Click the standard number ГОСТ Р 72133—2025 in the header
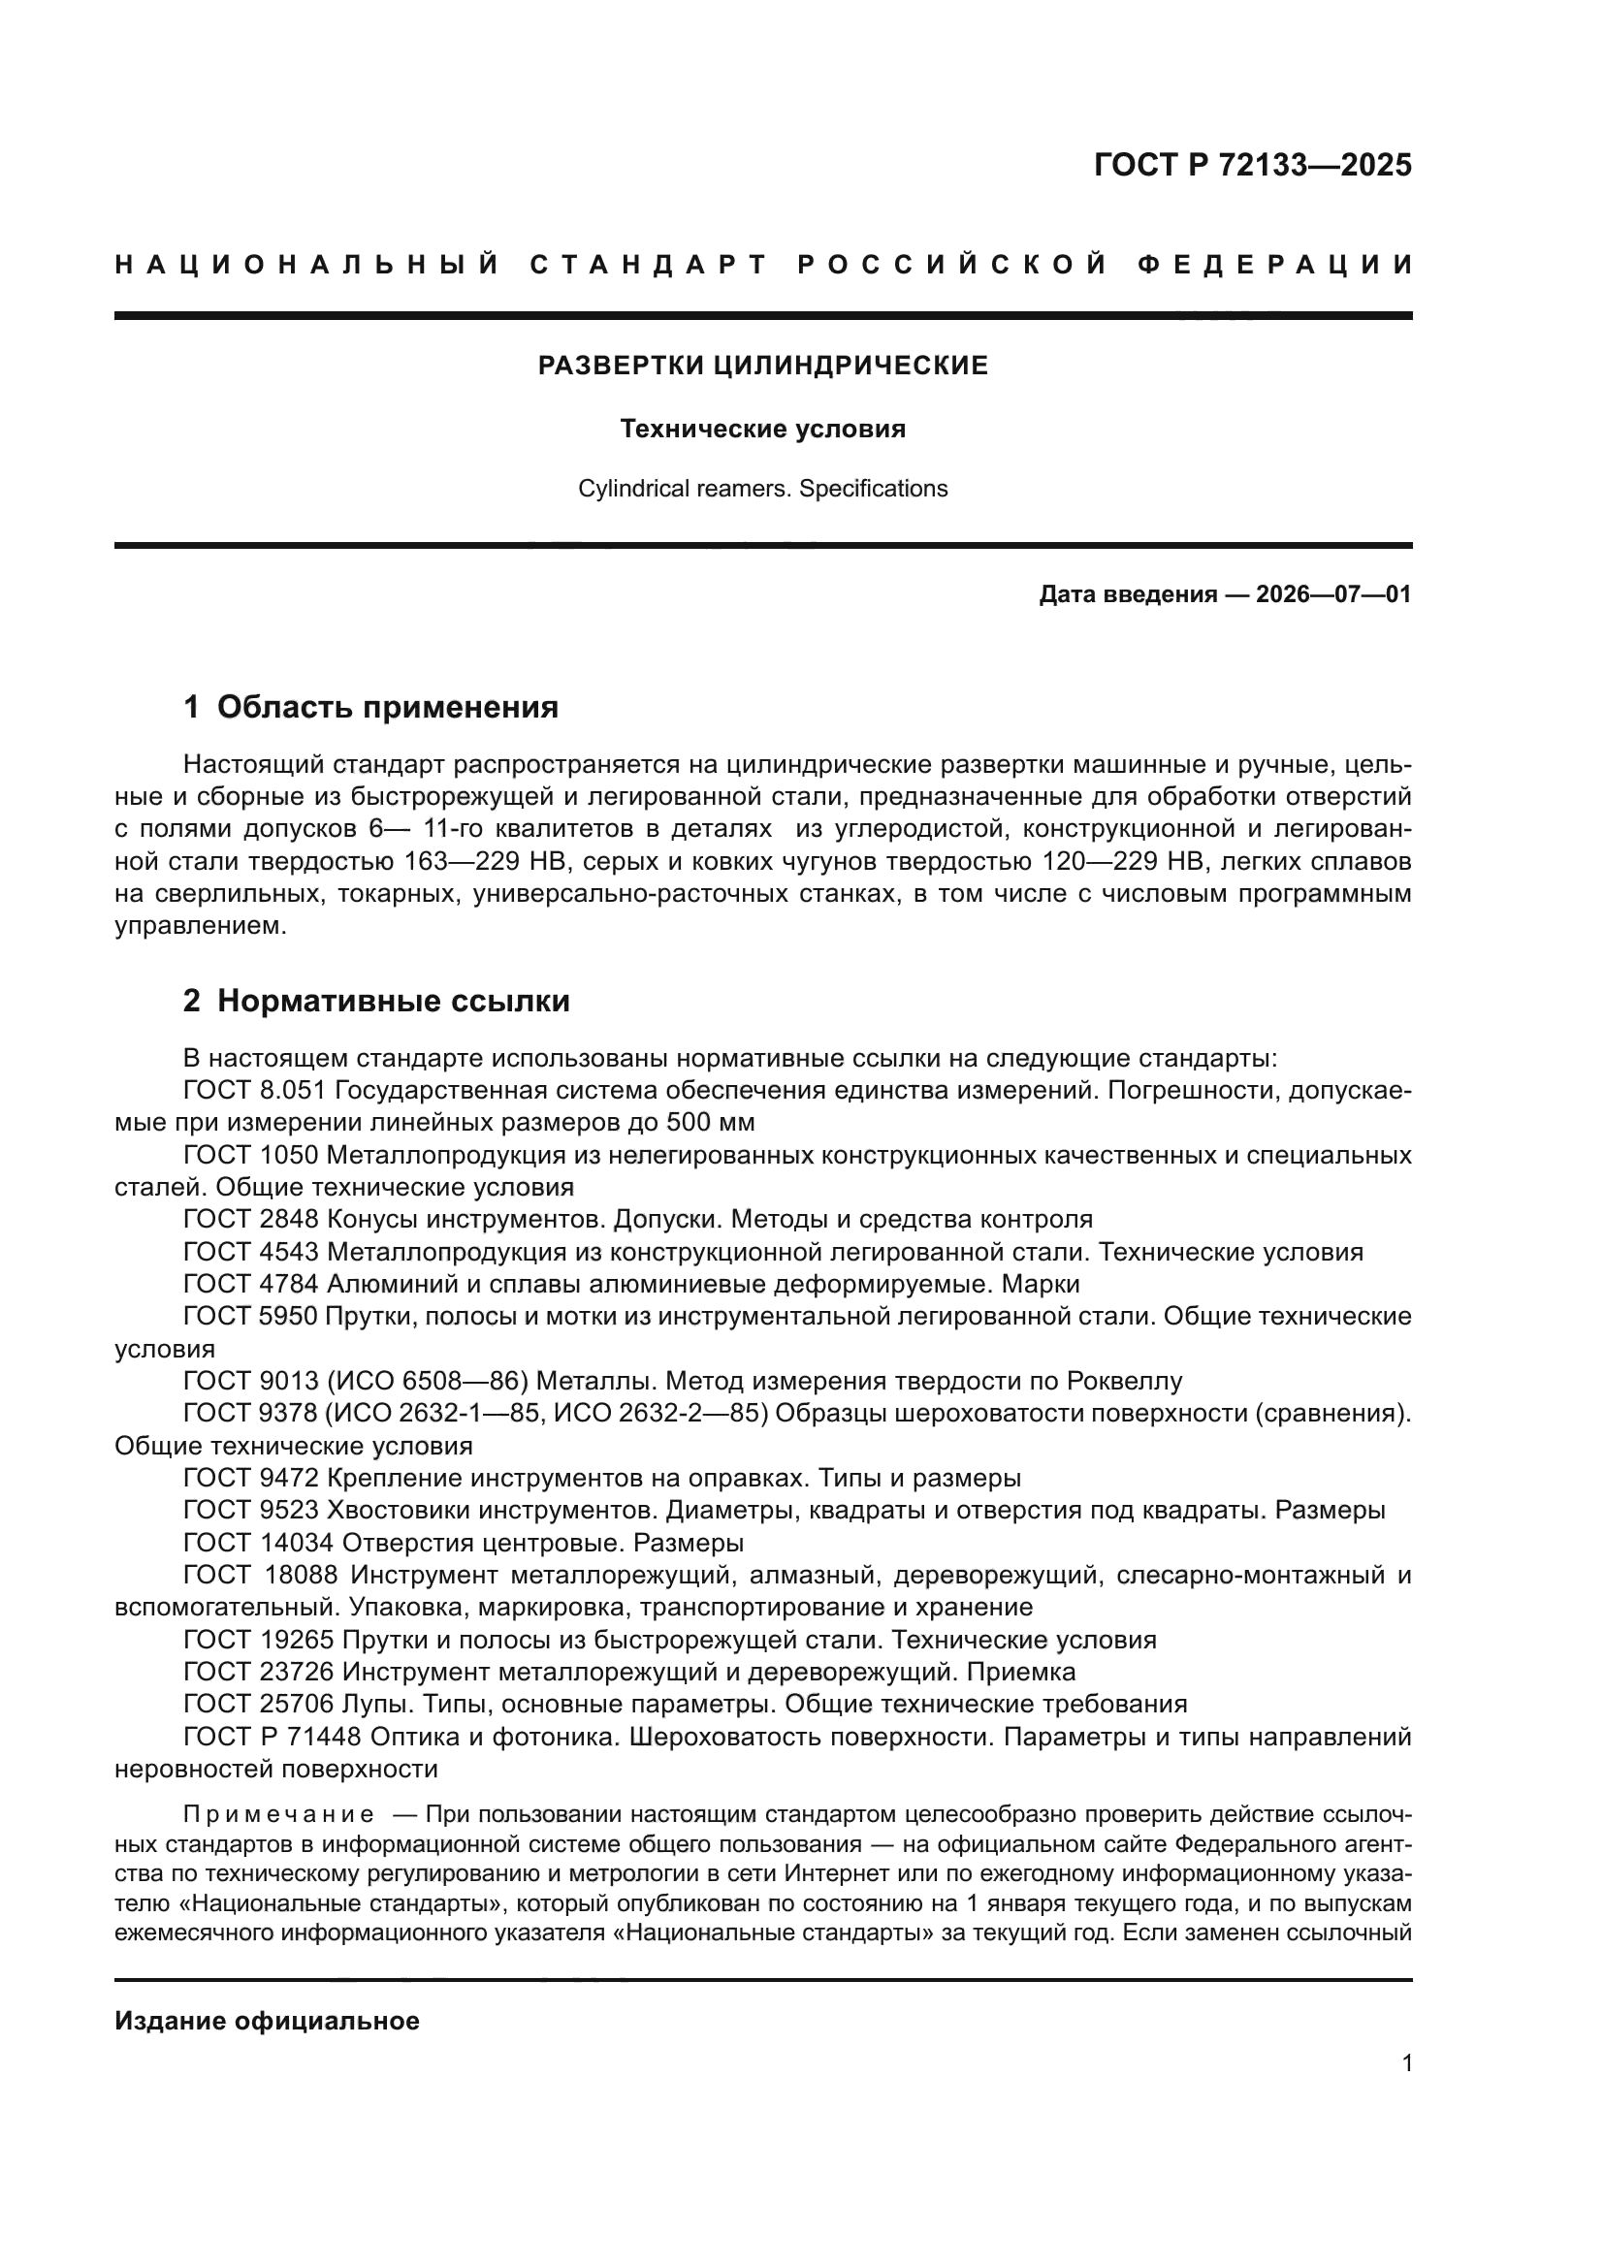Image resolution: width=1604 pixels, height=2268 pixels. click(x=1252, y=165)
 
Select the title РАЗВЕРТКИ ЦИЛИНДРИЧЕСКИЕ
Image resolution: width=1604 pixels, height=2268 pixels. click(x=762, y=367)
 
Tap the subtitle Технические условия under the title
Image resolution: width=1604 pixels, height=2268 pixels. click(x=762, y=430)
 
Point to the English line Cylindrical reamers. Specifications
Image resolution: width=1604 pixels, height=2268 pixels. click(x=762, y=489)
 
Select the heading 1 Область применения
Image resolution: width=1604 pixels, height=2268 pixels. click(x=371, y=707)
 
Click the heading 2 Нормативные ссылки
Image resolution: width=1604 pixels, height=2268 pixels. click(x=376, y=1002)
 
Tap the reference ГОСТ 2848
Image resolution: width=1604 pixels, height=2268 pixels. click(x=251, y=1220)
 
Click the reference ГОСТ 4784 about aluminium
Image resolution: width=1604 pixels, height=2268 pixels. click(x=251, y=1284)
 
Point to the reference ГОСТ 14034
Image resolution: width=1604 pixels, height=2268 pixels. click(x=259, y=1543)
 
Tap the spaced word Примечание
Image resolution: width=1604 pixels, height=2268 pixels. click(x=278, y=1814)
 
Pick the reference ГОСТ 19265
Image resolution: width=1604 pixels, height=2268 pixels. click(x=259, y=1640)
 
